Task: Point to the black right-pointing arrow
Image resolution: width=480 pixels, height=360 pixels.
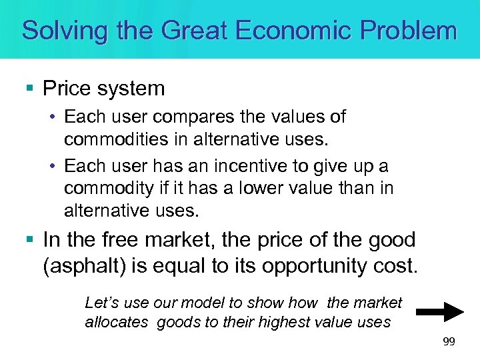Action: (x=439, y=312)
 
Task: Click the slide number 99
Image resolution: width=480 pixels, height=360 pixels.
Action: (x=449, y=342)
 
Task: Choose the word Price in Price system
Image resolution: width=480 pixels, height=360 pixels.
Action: (x=66, y=88)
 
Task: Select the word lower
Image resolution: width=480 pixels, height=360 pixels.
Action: (x=257, y=188)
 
